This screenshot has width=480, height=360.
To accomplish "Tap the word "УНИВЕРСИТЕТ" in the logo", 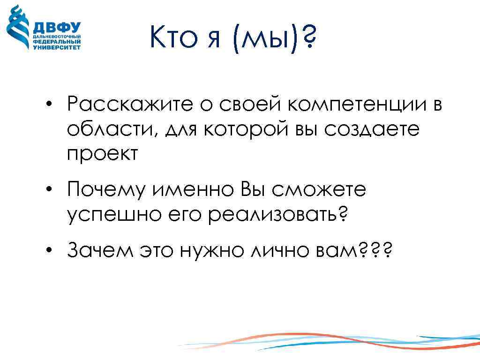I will point(57,47).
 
